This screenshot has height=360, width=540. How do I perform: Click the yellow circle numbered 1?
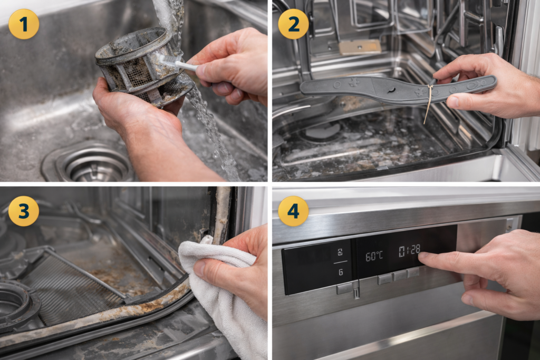(24, 24)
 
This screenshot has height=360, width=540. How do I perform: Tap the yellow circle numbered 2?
(293, 24)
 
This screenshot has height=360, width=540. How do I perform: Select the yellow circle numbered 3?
(24, 211)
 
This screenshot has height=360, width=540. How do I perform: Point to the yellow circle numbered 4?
(293, 211)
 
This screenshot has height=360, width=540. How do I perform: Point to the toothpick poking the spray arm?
(429, 103)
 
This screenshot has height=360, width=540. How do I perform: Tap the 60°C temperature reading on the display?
(374, 256)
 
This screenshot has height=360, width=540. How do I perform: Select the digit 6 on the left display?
(340, 271)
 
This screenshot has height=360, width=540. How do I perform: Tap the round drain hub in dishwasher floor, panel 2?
(322, 132)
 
